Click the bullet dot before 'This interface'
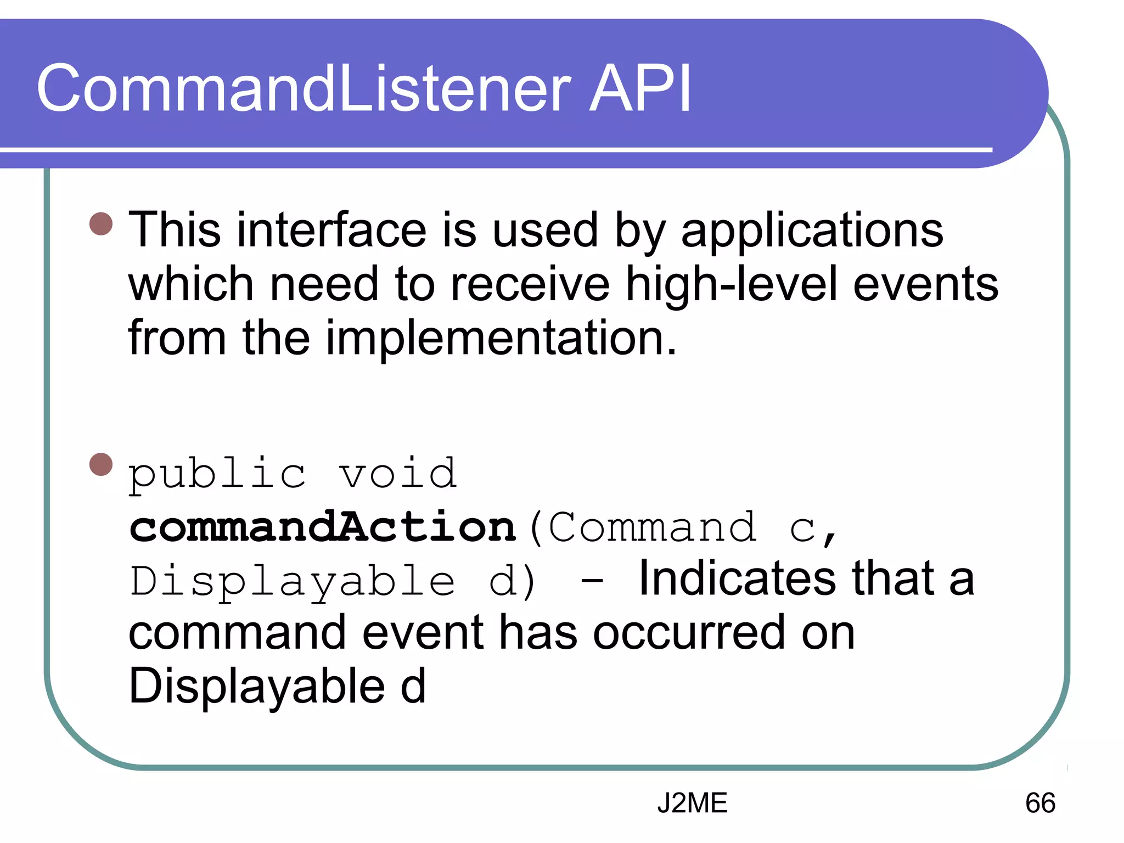[101, 224]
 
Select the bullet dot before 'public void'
[101, 464]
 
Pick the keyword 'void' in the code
[397, 473]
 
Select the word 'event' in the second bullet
[423, 633]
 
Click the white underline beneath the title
[494, 150]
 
